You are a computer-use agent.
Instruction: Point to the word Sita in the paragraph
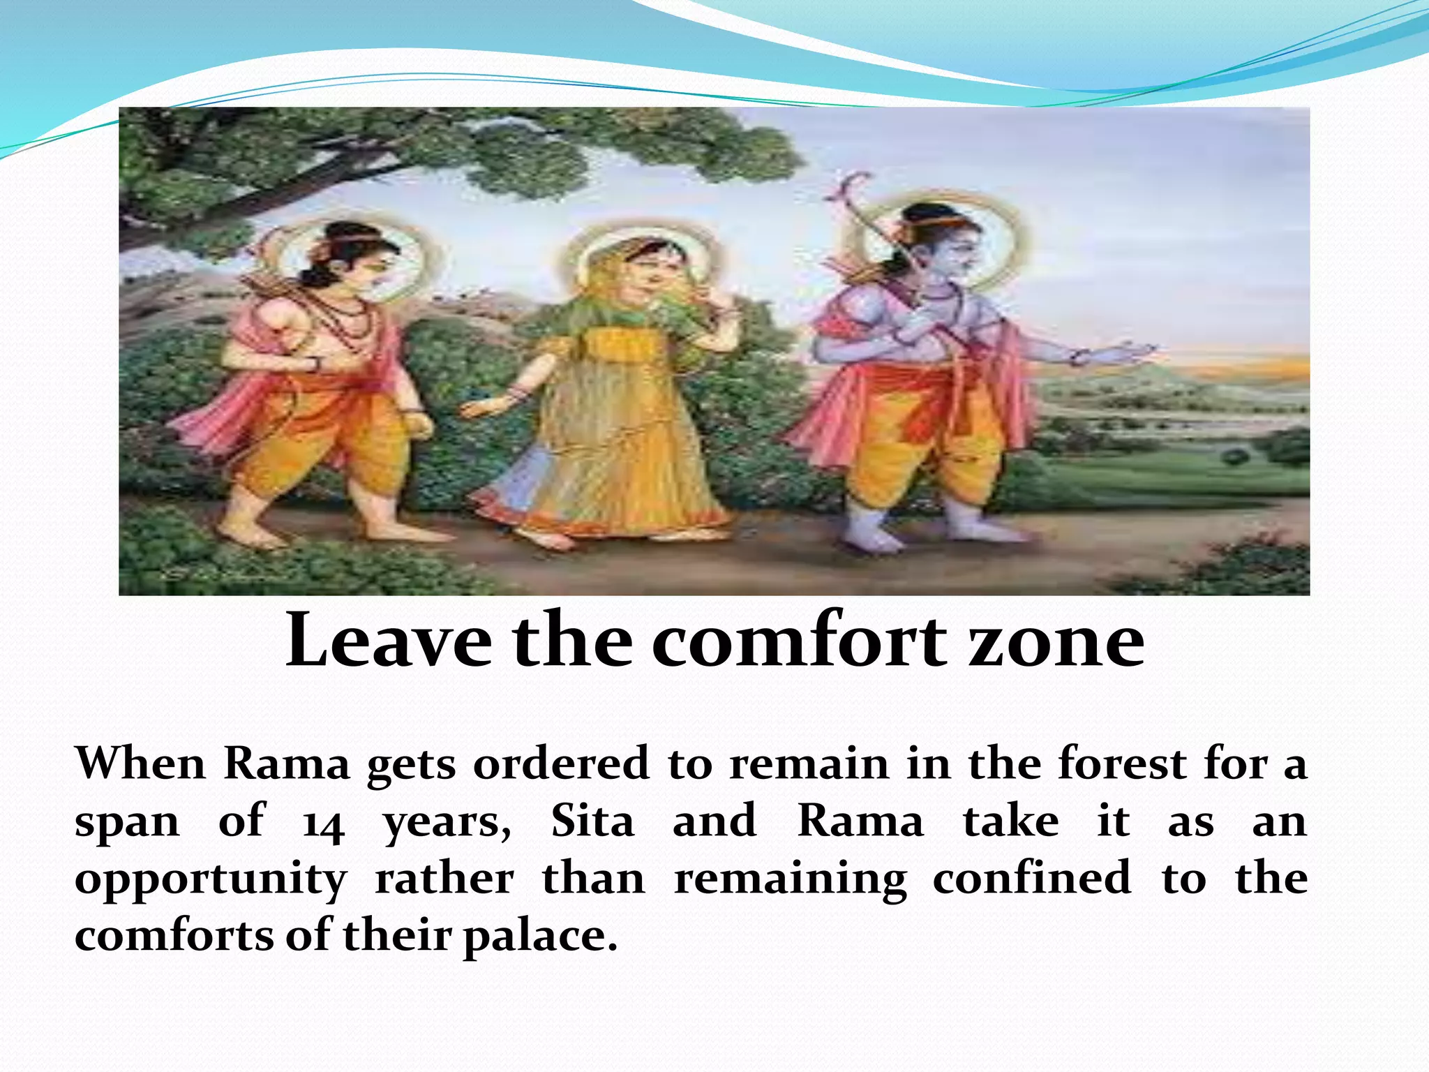click(x=592, y=821)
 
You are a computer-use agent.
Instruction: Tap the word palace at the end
click(x=540, y=937)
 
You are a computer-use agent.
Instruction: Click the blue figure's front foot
click(x=865, y=541)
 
